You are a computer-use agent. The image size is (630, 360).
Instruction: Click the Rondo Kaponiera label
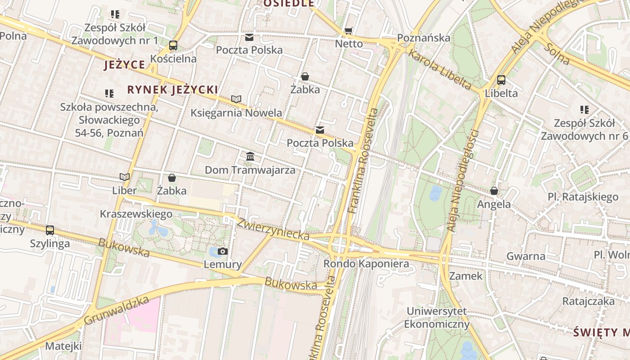(x=366, y=264)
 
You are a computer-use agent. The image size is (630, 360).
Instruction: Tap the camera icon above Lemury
(x=223, y=251)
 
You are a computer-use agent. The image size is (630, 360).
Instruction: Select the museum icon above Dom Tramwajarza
(x=250, y=157)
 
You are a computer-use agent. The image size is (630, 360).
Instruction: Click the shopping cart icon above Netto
(x=349, y=31)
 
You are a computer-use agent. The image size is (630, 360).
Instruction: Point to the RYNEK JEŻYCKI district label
(x=172, y=90)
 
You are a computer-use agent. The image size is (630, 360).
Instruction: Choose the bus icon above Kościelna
(x=173, y=45)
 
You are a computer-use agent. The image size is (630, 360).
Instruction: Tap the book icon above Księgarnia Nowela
(x=236, y=99)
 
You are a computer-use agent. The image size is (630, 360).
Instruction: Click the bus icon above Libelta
(x=501, y=81)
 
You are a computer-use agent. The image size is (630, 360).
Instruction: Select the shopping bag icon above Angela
(x=494, y=191)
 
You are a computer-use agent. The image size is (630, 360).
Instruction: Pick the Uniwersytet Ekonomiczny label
(x=436, y=318)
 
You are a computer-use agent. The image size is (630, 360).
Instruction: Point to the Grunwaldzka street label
(x=116, y=310)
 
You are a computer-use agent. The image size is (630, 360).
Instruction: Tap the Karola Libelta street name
(x=440, y=70)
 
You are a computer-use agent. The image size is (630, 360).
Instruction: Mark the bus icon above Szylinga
(x=50, y=230)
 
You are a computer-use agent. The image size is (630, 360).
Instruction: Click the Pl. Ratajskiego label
(x=583, y=197)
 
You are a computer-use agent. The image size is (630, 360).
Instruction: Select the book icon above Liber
(x=125, y=177)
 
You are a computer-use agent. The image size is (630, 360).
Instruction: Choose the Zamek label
(x=466, y=276)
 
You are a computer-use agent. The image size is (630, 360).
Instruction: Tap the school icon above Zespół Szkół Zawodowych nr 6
(x=585, y=109)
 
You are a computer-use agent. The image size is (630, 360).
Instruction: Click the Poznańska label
(x=424, y=38)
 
